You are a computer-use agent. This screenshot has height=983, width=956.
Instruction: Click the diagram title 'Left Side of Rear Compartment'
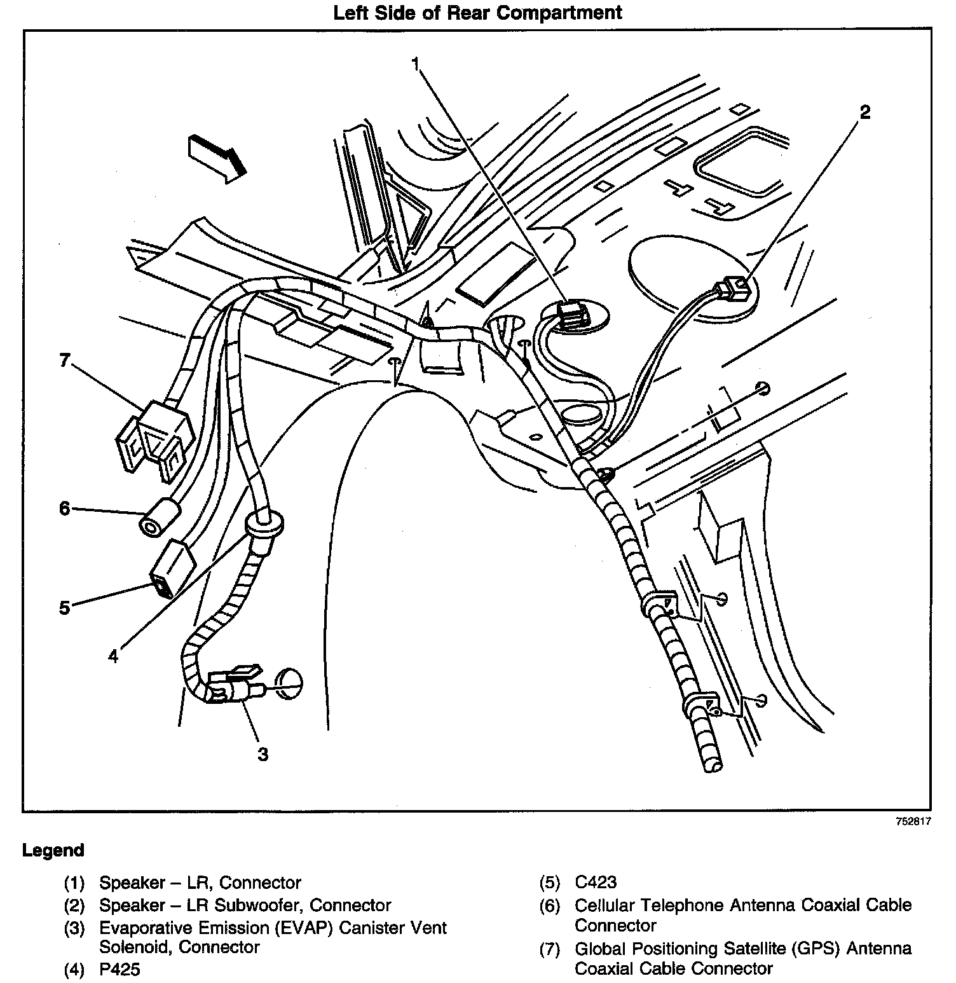(477, 13)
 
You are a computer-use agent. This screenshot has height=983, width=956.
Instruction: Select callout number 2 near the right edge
(864, 113)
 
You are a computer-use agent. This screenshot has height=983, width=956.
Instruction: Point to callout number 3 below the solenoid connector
(263, 754)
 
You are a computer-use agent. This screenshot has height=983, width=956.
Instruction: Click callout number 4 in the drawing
(113, 656)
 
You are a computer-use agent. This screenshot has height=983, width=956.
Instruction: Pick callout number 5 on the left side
(64, 607)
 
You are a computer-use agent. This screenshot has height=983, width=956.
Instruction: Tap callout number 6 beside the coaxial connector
(64, 509)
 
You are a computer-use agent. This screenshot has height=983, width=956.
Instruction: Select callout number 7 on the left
(64, 361)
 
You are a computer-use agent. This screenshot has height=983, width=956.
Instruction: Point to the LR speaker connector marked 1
(571, 313)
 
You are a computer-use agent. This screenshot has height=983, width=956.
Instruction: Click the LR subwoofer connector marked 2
(732, 290)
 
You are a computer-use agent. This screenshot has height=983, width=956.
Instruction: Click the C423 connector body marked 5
(172, 569)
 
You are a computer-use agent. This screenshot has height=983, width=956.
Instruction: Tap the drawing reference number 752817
(913, 821)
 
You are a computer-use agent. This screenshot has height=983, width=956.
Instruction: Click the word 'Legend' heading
(53, 851)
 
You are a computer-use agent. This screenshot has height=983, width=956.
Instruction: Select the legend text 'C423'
(595, 883)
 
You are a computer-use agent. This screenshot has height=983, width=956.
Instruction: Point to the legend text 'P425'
(119, 969)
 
